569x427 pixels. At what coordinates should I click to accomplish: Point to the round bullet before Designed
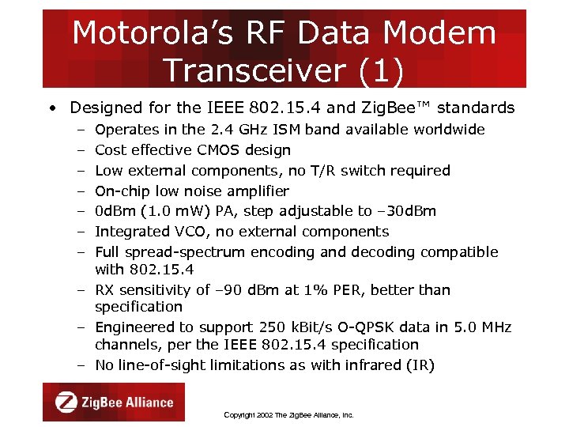click(x=51, y=108)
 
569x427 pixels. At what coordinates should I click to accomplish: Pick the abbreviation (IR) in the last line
click(x=417, y=365)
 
